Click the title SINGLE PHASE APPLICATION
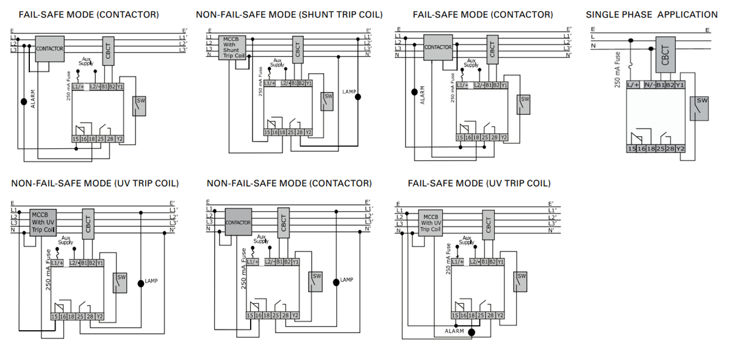click(651, 15)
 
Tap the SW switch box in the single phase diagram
click(701, 108)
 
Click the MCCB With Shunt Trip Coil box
click(234, 46)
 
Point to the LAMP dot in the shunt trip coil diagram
click(358, 96)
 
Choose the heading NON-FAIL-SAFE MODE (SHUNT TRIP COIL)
click(290, 15)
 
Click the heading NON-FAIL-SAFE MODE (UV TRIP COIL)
click(95, 183)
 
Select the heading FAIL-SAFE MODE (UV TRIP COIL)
click(479, 183)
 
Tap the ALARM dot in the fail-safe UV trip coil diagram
click(471, 333)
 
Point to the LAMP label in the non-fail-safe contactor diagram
click(346, 280)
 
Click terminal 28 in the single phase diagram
click(670, 149)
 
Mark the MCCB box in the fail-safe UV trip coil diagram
click(431, 223)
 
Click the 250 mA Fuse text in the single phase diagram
click(617, 70)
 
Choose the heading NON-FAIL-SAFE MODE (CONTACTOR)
click(289, 183)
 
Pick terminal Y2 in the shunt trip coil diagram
click(308, 132)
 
